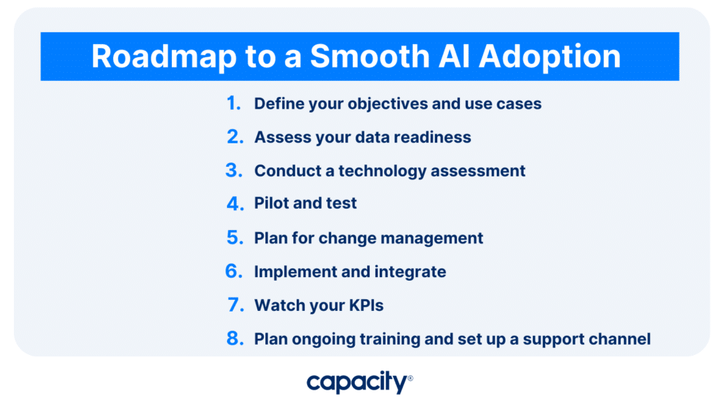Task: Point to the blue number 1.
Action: (234, 104)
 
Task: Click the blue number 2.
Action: (234, 137)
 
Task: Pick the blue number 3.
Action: (234, 171)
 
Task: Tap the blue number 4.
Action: (234, 204)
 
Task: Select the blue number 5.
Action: (234, 238)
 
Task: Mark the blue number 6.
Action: (234, 272)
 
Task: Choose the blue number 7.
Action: (234, 305)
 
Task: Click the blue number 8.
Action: (234, 339)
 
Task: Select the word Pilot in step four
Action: (272, 204)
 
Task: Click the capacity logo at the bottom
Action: (359, 382)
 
